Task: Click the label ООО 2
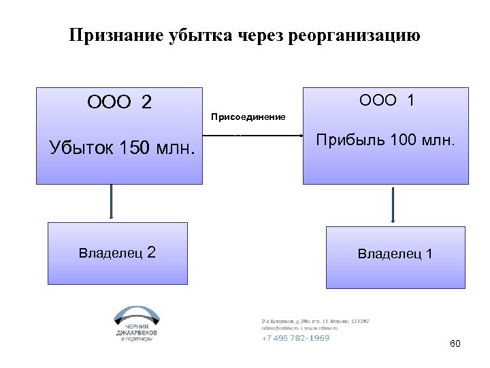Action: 119,102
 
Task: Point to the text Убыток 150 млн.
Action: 122,147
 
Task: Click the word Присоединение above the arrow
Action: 248,117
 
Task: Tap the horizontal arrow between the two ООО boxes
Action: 253,136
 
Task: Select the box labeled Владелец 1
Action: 395,254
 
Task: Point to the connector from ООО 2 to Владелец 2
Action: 112,203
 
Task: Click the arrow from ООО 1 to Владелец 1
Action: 393,204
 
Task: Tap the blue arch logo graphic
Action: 136,315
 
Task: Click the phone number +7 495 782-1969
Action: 295,338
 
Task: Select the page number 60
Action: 455,343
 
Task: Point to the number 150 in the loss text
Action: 133,147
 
